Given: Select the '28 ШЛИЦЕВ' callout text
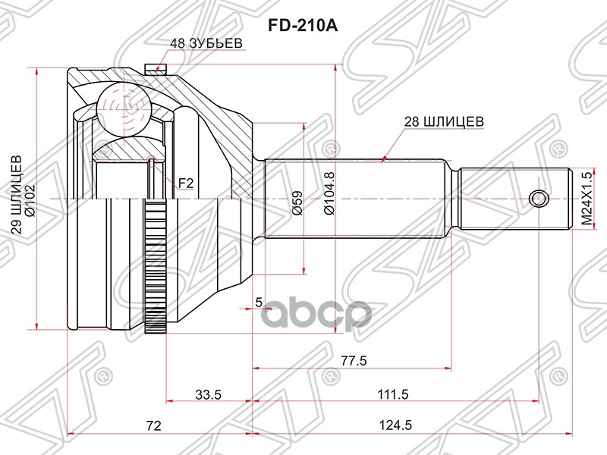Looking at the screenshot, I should click(x=444, y=119).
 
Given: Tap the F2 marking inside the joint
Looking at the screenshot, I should click(x=186, y=182).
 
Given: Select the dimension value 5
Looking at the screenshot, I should click(x=258, y=303).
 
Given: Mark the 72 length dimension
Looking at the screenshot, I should click(x=154, y=425).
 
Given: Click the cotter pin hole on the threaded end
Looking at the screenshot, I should click(x=539, y=199).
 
